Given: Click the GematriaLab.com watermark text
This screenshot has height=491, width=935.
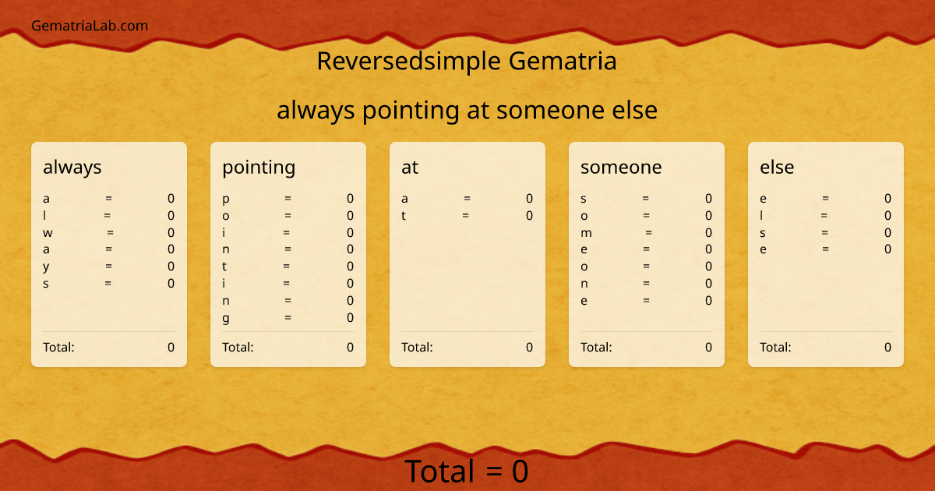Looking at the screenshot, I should (90, 26).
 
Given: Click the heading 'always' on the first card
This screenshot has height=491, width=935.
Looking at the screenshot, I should (72, 167).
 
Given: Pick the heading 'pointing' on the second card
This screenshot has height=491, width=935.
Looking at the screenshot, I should (259, 167).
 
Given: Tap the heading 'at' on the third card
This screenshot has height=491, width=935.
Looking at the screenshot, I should (410, 167).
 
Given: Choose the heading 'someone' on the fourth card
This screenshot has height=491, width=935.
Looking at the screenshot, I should (621, 167).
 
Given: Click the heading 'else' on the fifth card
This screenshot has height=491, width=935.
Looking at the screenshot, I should (777, 167).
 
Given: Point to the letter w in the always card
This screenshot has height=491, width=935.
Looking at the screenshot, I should (48, 232).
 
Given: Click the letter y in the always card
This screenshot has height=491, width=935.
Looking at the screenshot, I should (47, 267).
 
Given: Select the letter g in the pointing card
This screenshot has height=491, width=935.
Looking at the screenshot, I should (226, 318).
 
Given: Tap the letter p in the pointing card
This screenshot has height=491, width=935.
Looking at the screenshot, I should (226, 199).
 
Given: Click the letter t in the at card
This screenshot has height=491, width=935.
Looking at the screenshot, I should (404, 216).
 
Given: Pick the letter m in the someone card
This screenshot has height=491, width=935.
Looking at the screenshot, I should (587, 232).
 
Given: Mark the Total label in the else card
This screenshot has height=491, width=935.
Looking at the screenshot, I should (775, 347).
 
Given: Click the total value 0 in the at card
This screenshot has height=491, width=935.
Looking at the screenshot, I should (529, 347).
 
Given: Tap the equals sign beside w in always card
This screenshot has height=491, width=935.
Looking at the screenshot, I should (111, 232).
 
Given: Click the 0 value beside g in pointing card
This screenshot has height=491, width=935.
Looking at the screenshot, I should (350, 317).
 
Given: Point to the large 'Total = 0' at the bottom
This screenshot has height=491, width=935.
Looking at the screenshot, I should (467, 472).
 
